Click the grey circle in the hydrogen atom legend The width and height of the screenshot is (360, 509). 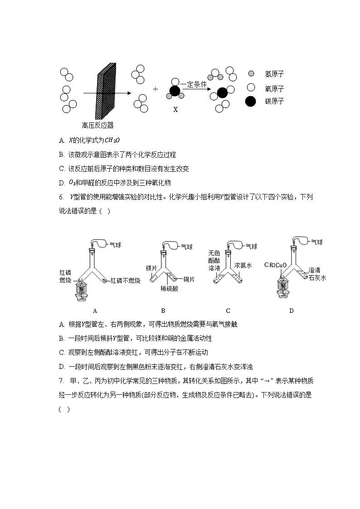click(251, 73)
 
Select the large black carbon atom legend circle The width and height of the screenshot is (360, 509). click(250, 102)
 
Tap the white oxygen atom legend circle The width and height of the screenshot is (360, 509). click(250, 87)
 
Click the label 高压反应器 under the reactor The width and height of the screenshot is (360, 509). click(98, 126)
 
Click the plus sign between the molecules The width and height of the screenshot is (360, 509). click(156, 89)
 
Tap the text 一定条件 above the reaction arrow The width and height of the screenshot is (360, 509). click(194, 84)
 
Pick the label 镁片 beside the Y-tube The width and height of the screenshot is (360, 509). click(151, 268)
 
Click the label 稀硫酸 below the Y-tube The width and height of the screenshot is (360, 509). click(169, 289)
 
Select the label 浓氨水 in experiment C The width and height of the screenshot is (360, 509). click(243, 264)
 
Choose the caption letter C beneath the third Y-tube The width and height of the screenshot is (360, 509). click(228, 310)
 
